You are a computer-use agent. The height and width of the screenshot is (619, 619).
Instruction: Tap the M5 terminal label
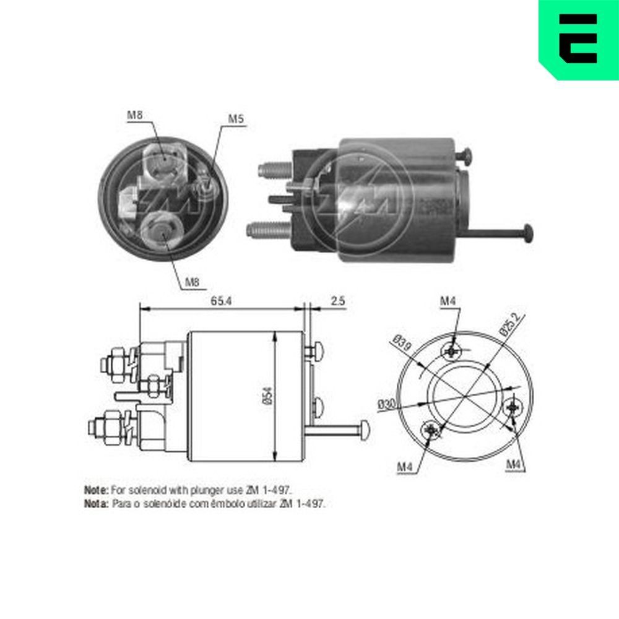coord(235,118)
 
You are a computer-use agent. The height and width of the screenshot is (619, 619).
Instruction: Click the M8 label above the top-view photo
coord(135,115)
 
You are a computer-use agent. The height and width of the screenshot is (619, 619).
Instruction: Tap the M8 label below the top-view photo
coord(193,283)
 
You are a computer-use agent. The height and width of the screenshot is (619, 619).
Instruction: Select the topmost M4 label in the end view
coord(448,301)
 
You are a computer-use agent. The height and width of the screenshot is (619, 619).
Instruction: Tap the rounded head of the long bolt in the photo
coord(527,233)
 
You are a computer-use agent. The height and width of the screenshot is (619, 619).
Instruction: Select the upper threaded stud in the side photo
coord(272,168)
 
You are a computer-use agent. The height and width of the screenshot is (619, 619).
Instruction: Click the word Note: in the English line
coord(97,490)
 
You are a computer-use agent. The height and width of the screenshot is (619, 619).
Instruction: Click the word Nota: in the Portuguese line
coord(97,504)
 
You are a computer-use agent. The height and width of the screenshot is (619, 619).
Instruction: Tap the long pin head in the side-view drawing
coord(365,428)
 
